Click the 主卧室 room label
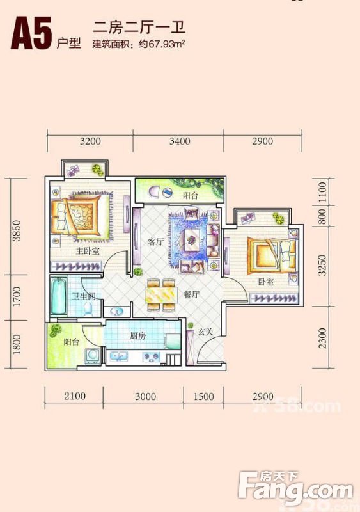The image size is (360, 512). (88, 251)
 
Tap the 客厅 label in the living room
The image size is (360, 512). (155, 242)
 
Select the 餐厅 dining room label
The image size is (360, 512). (192, 294)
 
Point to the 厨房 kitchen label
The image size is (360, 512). (137, 335)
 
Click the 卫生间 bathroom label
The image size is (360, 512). (84, 296)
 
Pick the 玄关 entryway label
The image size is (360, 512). (206, 332)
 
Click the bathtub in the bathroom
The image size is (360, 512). (59, 296)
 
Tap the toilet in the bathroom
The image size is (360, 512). (88, 309)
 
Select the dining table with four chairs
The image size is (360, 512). (160, 294)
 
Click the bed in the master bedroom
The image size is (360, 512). (81, 215)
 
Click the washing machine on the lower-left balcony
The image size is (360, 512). (93, 356)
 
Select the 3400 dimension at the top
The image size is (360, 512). (180, 141)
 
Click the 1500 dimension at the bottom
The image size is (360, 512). (204, 396)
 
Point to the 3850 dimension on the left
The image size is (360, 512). (17, 231)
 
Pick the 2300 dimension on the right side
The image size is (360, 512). (322, 339)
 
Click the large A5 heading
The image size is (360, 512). (31, 33)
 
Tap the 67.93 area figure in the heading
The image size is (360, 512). (161, 44)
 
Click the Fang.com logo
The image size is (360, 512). (295, 488)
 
